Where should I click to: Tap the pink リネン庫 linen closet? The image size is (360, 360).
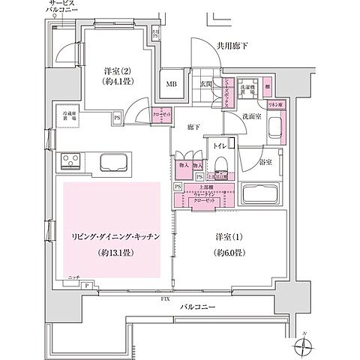[x=274, y=106]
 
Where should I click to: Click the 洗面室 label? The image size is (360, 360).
[x=252, y=117]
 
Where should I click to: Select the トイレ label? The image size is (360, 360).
[x=220, y=145]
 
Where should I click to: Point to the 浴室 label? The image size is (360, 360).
[x=265, y=162]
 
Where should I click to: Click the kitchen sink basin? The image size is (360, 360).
[x=113, y=162]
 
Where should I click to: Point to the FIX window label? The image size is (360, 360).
[x=164, y=300]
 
